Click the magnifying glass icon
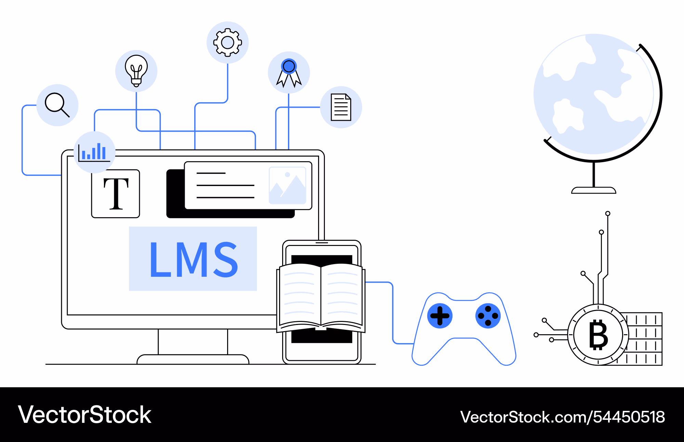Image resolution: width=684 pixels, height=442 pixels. [x=57, y=105]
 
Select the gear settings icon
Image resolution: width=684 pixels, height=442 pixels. [x=227, y=42]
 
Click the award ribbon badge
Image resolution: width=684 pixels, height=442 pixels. [x=289, y=73]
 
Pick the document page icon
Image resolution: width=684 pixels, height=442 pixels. [x=341, y=107]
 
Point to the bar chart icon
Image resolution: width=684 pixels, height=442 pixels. [x=94, y=152]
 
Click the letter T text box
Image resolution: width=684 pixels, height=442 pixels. [x=116, y=194]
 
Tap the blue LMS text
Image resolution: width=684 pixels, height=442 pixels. [x=194, y=259]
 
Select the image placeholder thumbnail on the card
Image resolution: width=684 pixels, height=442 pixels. [x=288, y=185]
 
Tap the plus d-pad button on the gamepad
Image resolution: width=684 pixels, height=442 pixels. [x=440, y=316]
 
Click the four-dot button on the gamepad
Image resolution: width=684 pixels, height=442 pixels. [x=488, y=316]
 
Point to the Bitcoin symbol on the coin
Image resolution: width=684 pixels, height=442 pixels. [x=598, y=335]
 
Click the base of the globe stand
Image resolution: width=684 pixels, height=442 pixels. [x=594, y=190]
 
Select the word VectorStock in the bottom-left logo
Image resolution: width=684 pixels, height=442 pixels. [x=85, y=415]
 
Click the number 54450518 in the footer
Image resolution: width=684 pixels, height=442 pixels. [x=629, y=417]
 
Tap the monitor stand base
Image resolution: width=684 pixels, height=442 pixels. [x=193, y=360]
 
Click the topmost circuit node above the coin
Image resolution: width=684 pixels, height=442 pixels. [x=608, y=213]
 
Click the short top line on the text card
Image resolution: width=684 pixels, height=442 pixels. [x=211, y=173]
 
